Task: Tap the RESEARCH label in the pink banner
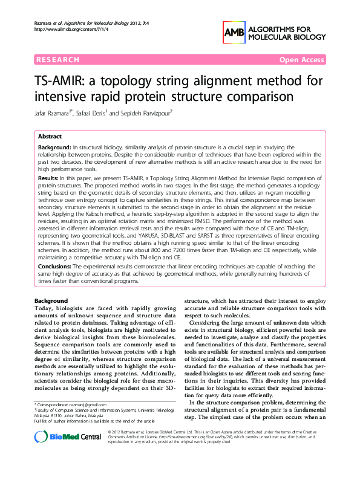coord(58,60)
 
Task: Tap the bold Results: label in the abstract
coord(48,179)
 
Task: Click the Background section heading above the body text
coord(51,300)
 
